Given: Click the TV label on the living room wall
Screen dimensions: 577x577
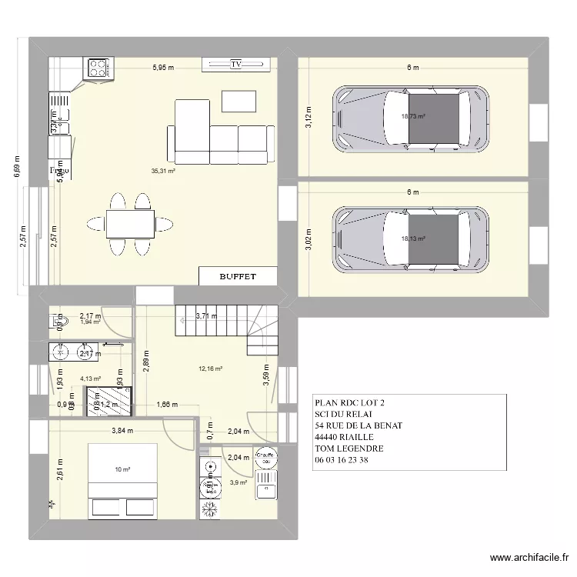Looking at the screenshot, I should [235, 65].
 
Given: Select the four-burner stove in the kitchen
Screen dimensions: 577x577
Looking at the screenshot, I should [98, 68].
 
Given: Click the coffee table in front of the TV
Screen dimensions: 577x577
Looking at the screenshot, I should [238, 101].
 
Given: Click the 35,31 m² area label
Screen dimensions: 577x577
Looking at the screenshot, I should [163, 171].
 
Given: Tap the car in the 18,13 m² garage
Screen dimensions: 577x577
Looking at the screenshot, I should [410, 238].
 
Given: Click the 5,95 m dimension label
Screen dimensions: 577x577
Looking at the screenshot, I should [162, 68].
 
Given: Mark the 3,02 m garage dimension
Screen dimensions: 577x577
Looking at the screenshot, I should [309, 238].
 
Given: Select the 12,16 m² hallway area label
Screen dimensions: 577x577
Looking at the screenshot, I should [210, 369].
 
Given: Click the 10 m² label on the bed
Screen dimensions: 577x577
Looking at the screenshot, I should [122, 469].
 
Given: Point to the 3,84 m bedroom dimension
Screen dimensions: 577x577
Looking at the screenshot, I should [122, 431].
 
